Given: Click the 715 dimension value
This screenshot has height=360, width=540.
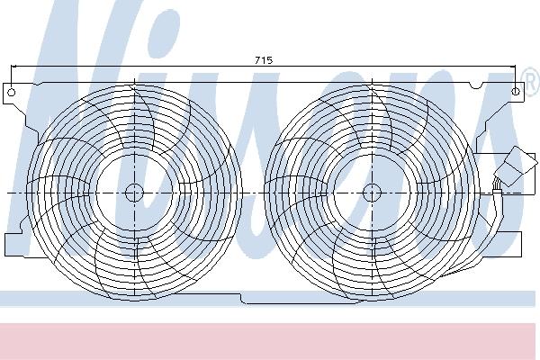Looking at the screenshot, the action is (264, 60).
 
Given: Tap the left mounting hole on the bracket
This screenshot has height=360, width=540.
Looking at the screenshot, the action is (12, 93).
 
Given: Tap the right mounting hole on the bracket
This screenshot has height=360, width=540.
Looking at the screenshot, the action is (516, 91).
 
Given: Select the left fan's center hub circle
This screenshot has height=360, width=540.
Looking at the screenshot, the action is (134, 193).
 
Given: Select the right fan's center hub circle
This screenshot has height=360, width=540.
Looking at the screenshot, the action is (372, 193).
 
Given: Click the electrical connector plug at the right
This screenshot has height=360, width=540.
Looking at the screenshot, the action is (516, 166).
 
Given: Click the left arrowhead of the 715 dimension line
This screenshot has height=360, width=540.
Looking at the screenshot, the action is (13, 66).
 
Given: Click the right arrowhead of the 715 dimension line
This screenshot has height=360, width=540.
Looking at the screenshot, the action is (513, 66).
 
